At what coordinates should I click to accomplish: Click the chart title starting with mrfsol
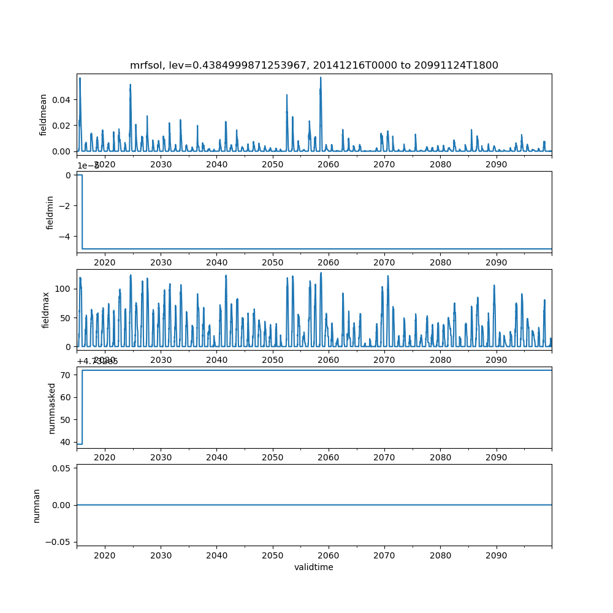tap(314, 65)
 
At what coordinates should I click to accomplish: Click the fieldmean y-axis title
tap(43, 113)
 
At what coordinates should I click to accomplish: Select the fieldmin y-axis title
tap(50, 212)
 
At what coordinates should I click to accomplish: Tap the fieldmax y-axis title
tap(45, 309)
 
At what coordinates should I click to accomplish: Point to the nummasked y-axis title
tap(52, 408)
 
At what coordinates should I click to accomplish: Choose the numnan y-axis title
tap(37, 505)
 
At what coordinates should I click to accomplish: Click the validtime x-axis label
tap(314, 567)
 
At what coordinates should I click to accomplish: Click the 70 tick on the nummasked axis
tap(66, 375)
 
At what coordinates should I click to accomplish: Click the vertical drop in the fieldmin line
tap(82, 211)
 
